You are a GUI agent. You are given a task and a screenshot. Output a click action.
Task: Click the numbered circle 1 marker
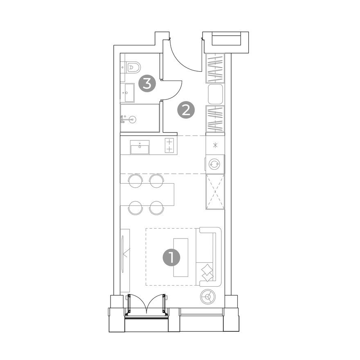[x=171, y=258]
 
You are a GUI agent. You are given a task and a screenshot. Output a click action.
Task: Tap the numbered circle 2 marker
[x=186, y=110]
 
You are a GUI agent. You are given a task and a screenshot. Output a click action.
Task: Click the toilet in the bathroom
[x=133, y=66]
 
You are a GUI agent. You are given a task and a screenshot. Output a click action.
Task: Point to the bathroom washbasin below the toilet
[x=129, y=93]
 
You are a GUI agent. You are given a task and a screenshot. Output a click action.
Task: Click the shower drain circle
[x=132, y=119]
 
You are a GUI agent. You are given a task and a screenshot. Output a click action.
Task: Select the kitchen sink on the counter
[x=140, y=147]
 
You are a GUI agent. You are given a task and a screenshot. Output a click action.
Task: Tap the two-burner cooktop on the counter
[x=169, y=145]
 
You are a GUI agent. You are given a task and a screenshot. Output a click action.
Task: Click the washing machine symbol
[x=215, y=164]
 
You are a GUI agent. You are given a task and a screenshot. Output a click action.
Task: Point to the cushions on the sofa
[x=208, y=272]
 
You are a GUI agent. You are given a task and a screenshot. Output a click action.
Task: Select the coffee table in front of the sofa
[x=181, y=257]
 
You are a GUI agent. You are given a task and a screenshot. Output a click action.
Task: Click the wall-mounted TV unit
[x=125, y=260]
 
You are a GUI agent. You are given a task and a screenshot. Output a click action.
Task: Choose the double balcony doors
[x=146, y=304]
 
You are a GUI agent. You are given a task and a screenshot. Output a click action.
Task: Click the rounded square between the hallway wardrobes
[x=215, y=94]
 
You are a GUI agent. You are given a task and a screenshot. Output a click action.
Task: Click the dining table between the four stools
[x=147, y=194]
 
